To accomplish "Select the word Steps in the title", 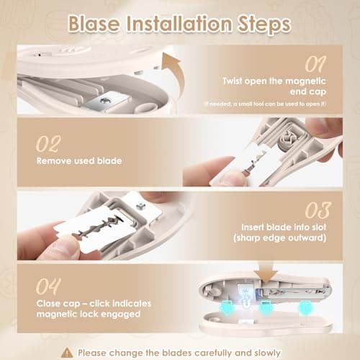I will click(x=266, y=24).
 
